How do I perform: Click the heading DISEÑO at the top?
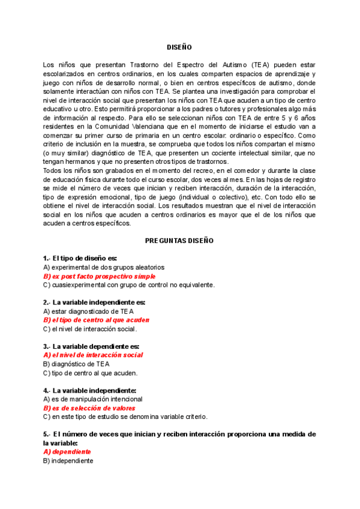[x=179, y=47]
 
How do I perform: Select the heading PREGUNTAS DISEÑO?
[x=179, y=240]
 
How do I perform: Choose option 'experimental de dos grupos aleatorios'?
[x=104, y=267]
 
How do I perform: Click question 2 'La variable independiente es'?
[x=94, y=302]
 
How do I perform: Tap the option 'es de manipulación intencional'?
[x=93, y=399]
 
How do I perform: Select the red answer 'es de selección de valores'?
[x=89, y=408]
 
